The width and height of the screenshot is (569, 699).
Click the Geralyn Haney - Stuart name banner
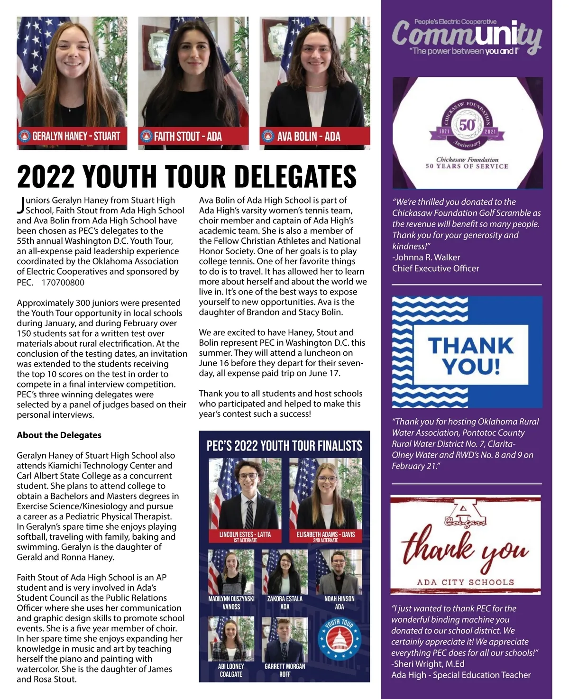tap(72, 137)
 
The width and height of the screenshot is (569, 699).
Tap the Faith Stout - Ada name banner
tap(193, 137)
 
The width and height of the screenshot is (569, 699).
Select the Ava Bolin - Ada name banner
tap(315, 137)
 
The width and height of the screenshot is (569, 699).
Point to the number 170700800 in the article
tap(63, 283)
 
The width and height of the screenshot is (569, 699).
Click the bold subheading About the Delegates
tap(59, 435)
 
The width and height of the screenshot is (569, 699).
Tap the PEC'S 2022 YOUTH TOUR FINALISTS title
tap(284, 446)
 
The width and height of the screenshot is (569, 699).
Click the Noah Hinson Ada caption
tap(340, 603)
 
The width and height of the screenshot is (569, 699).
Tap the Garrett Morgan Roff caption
tap(284, 670)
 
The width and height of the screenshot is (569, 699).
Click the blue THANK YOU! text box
tap(471, 355)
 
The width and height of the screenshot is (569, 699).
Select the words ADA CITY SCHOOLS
tap(465, 582)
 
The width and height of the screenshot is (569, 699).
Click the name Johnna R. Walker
tap(427, 258)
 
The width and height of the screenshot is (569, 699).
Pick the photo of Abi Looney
tap(231, 638)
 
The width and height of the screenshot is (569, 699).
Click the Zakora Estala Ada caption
tap(284, 603)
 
